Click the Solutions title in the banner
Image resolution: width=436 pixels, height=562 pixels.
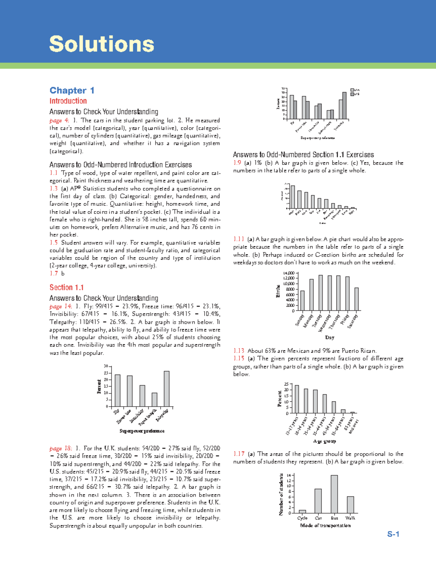[102, 44]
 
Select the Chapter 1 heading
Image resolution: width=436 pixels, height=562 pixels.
[72, 90]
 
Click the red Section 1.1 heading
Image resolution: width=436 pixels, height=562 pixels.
[66, 288]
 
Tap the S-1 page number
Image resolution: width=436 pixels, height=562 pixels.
[393, 534]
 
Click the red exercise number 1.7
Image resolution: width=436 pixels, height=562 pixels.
[53, 273]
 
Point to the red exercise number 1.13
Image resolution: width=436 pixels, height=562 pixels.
[238, 351]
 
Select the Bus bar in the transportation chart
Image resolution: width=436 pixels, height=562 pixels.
[334, 494]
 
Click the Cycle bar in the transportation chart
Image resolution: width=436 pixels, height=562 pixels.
[302, 511]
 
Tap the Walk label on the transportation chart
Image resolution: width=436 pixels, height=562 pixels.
[350, 518]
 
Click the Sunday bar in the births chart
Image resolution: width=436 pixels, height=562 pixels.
[302, 301]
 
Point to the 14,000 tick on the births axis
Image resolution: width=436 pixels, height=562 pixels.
[288, 273]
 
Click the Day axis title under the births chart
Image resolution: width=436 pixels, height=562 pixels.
[330, 338]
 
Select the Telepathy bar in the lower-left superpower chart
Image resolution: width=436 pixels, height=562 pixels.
[167, 389]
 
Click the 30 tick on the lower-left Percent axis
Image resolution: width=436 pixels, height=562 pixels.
[106, 366]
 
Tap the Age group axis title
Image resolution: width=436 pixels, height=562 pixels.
[324, 441]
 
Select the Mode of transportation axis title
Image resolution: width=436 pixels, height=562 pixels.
[325, 526]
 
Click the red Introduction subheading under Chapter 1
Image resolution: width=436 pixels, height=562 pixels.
[68, 101]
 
